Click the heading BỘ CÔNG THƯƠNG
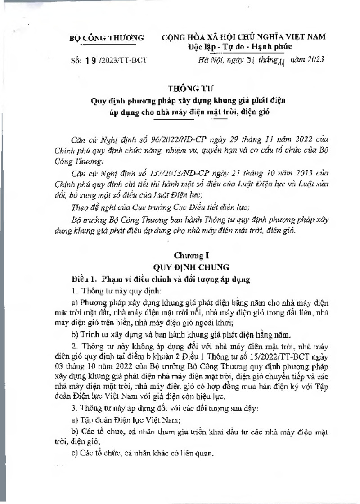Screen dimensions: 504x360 (x=106, y=38)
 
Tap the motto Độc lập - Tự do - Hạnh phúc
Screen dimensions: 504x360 (x=240, y=47)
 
